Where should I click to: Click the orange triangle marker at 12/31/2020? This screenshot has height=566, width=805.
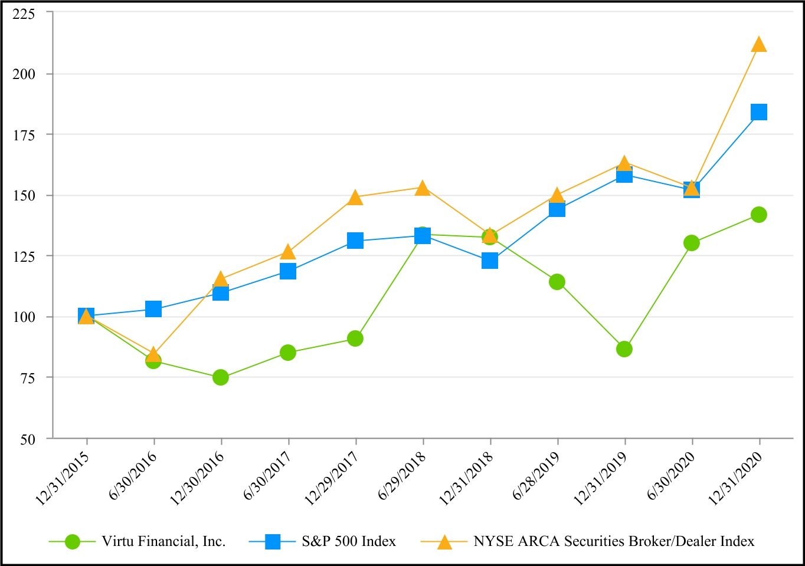(x=759, y=45)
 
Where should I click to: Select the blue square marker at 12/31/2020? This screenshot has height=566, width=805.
(x=759, y=112)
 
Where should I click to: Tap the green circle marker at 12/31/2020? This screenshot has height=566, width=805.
(x=759, y=215)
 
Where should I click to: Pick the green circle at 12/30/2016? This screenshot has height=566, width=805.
(x=221, y=377)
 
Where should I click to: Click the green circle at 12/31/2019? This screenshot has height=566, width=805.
(x=624, y=349)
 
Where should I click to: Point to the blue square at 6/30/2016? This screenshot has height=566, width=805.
(x=153, y=309)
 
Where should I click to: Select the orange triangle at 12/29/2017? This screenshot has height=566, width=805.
(x=355, y=198)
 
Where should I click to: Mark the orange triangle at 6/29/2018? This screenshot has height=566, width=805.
(x=423, y=189)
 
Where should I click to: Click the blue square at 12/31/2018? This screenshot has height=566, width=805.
(x=490, y=261)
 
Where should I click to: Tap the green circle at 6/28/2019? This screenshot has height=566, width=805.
(x=557, y=282)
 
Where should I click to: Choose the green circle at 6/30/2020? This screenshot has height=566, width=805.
(x=692, y=243)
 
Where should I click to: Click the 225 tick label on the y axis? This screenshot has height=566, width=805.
(x=24, y=14)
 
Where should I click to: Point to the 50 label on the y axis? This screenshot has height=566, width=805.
(x=27, y=439)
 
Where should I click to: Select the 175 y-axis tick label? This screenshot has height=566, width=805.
(x=24, y=135)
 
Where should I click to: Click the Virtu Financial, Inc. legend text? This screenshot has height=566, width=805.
(x=163, y=541)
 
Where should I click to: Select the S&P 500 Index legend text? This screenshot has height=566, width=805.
(x=349, y=541)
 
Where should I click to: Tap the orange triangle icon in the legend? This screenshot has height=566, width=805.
(x=444, y=542)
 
